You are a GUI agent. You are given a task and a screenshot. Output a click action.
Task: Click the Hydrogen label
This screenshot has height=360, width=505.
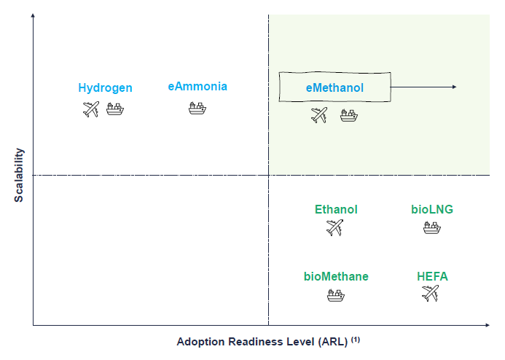[x=106, y=88]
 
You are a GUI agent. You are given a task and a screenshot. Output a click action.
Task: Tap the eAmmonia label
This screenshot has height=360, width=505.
[x=197, y=86]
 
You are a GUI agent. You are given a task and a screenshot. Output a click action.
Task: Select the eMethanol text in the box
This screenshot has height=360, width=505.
[x=334, y=87]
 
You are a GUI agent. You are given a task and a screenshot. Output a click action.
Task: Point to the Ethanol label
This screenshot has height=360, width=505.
[x=336, y=209]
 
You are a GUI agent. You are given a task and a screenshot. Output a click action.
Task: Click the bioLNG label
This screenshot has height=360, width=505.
[x=432, y=209]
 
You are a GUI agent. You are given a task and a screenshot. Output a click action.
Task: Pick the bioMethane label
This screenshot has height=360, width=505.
[x=336, y=276]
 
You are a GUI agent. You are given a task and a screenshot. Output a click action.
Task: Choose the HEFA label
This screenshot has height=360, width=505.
[x=432, y=276]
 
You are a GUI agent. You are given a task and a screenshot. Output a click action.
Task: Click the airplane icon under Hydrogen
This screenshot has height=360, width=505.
[x=91, y=109]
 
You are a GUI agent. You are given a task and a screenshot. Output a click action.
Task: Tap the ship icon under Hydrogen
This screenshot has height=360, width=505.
[x=115, y=109]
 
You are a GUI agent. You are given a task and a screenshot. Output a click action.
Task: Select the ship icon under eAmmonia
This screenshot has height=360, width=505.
[x=197, y=108]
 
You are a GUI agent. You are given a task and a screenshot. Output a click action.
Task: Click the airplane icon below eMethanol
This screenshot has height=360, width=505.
[x=319, y=115]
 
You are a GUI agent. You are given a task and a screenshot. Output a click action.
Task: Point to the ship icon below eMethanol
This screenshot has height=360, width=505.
[x=349, y=115]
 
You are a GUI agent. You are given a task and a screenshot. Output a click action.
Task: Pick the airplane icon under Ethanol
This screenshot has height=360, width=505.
[x=334, y=227]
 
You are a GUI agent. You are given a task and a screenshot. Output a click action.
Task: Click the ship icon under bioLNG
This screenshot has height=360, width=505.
[x=432, y=227]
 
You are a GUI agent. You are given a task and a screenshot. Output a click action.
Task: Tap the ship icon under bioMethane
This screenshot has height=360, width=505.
[x=336, y=295]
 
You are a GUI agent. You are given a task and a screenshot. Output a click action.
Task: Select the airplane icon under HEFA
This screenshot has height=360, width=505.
[x=430, y=294]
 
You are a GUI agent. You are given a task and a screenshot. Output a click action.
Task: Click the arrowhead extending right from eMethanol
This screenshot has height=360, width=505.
[x=455, y=87]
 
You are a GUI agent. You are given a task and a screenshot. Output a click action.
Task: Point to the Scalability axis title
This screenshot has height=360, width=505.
[x=19, y=175]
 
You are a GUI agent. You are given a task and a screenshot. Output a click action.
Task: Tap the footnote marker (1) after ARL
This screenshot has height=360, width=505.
[x=355, y=340]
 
